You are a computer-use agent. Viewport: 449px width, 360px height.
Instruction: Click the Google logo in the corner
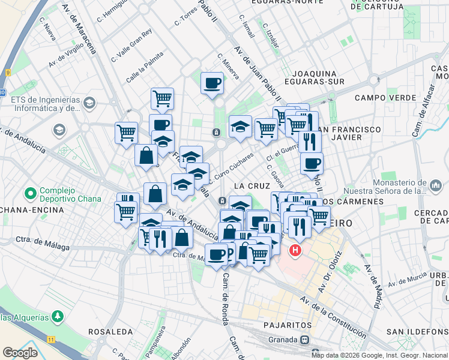[x=20, y=353]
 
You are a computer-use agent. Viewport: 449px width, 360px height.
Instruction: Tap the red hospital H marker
[x=296, y=250]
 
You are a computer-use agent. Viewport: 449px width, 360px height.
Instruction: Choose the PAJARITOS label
[x=288, y=325]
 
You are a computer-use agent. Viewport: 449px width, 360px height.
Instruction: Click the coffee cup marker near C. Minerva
[x=211, y=83]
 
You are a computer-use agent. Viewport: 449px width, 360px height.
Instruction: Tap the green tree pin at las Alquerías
[x=57, y=315]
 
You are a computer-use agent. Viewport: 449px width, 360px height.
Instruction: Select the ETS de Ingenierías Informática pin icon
[x=89, y=103]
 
